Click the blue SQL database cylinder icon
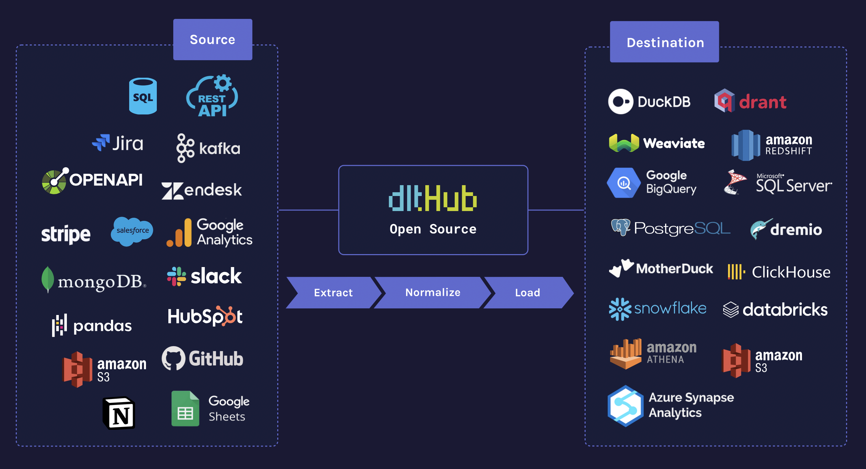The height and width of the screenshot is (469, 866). coord(143,96)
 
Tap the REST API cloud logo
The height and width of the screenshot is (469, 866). coord(212,96)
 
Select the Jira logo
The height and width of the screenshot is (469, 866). coord(118,143)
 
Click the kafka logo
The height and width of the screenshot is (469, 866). coord(209,148)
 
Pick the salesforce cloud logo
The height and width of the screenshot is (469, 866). coord(132,231)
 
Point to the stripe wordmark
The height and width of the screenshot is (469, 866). coord(66,234)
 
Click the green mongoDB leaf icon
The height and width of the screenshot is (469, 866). coord(48,279)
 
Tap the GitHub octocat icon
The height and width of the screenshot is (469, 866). coord(173,358)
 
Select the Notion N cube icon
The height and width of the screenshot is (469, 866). coord(119,413)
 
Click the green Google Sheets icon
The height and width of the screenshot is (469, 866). coord(185,408)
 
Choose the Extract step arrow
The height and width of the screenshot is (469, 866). coord(333,293)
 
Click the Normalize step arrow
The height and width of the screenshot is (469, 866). coord(433,293)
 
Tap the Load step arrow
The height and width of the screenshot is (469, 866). coord(528,293)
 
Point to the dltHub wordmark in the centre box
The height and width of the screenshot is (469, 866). coord(433,198)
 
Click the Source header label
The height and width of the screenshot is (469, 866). coord(212,40)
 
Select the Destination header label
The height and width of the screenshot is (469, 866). coord(664,42)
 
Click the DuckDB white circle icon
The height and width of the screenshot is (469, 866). coord(621,101)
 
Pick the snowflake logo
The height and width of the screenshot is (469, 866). coord(657,309)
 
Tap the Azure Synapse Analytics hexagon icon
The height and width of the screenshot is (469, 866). coord(626,406)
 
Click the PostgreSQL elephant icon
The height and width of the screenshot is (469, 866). coord(621,227)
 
